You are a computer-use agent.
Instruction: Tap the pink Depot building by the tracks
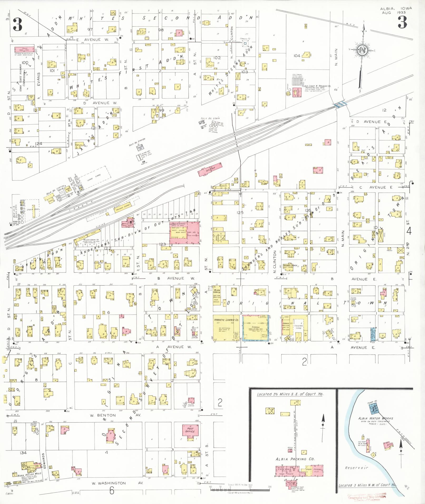click(210, 169)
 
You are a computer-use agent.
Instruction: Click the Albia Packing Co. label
click(295, 459)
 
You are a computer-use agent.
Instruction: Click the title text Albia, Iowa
click(396, 9)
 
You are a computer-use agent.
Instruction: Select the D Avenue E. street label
click(368, 122)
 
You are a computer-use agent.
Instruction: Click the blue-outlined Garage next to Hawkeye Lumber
click(255, 328)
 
